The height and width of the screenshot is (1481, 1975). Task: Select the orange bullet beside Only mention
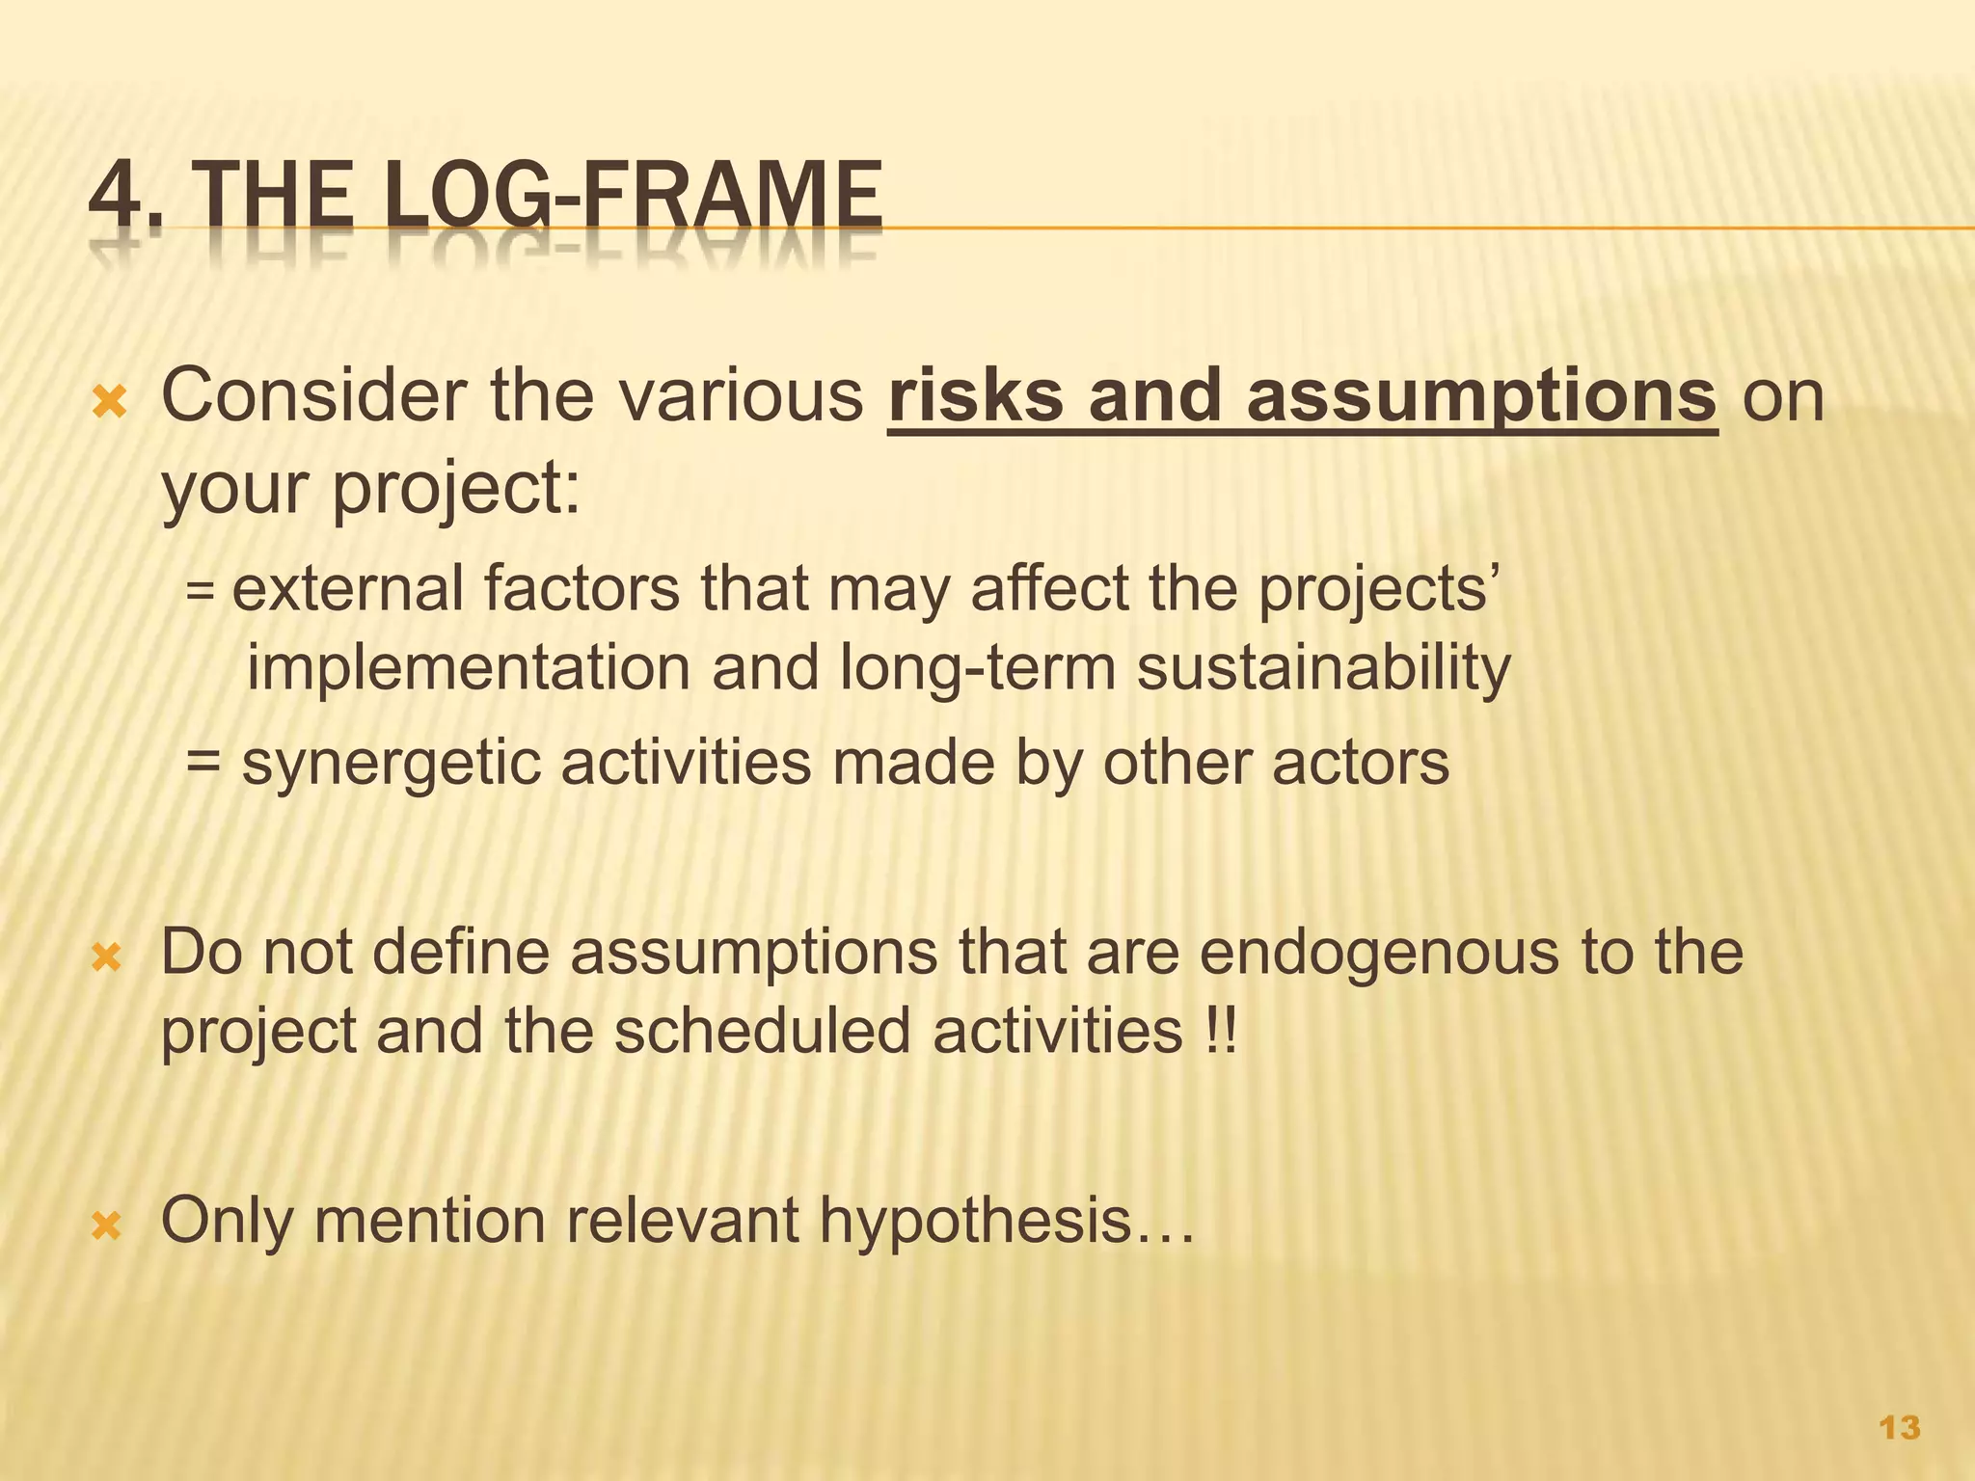pos(107,1225)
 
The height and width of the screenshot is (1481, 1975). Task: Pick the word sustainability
pos(1323,667)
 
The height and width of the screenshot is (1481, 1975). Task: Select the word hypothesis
pos(975,1221)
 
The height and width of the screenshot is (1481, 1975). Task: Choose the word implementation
pos(469,667)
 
